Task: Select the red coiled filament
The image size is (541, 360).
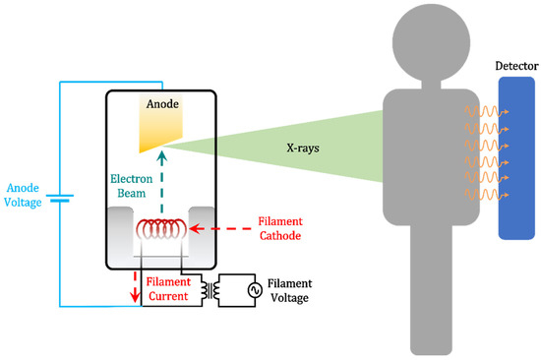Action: (x=164, y=229)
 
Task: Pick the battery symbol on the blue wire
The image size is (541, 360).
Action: (x=62, y=197)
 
